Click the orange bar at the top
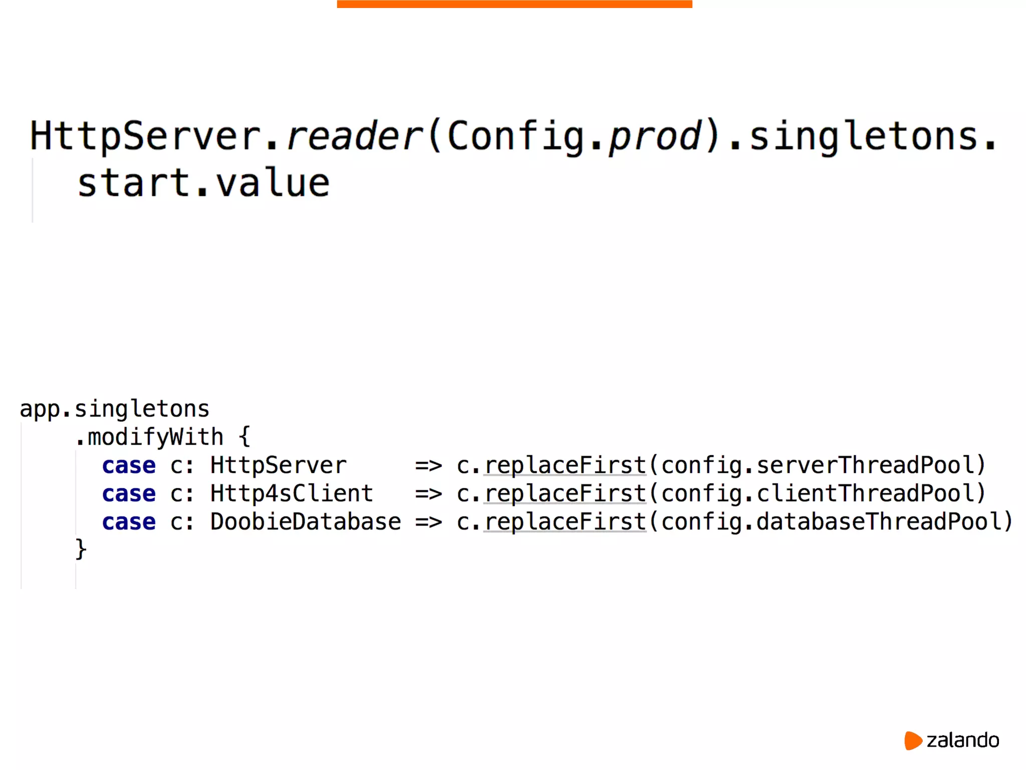pyautogui.click(x=515, y=4)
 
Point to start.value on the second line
pyautogui.click(x=203, y=183)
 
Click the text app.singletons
pyautogui.click(x=114, y=409)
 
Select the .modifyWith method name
pyautogui.click(x=149, y=437)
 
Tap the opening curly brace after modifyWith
pyautogui.click(x=244, y=436)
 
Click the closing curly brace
pyautogui.click(x=81, y=549)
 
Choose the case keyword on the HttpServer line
pyautogui.click(x=129, y=466)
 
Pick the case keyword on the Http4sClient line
pyautogui.click(x=129, y=494)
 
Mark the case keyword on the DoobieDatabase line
pyautogui.click(x=129, y=522)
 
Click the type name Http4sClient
pyautogui.click(x=292, y=494)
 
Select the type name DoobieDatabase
pyautogui.click(x=306, y=522)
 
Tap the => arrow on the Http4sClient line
pyautogui.click(x=428, y=494)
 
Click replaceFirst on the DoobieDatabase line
pyautogui.click(x=565, y=522)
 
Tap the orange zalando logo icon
pyautogui.click(x=913, y=740)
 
